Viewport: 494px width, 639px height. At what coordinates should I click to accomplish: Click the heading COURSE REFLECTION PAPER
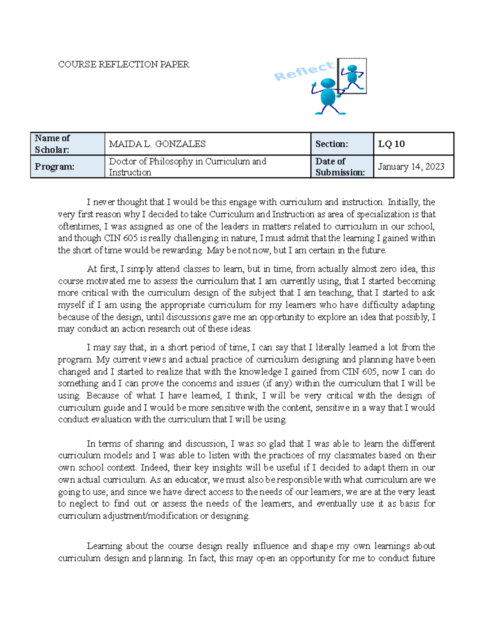tap(123, 65)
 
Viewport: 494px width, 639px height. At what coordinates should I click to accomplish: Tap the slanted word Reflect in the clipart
tap(304, 71)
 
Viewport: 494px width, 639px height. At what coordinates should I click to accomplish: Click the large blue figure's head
tap(329, 84)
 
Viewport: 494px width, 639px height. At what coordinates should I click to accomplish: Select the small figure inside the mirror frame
tap(352, 77)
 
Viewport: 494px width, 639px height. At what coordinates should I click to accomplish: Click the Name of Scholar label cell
tap(68, 144)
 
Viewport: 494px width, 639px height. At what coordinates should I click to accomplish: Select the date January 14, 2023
tap(411, 167)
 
